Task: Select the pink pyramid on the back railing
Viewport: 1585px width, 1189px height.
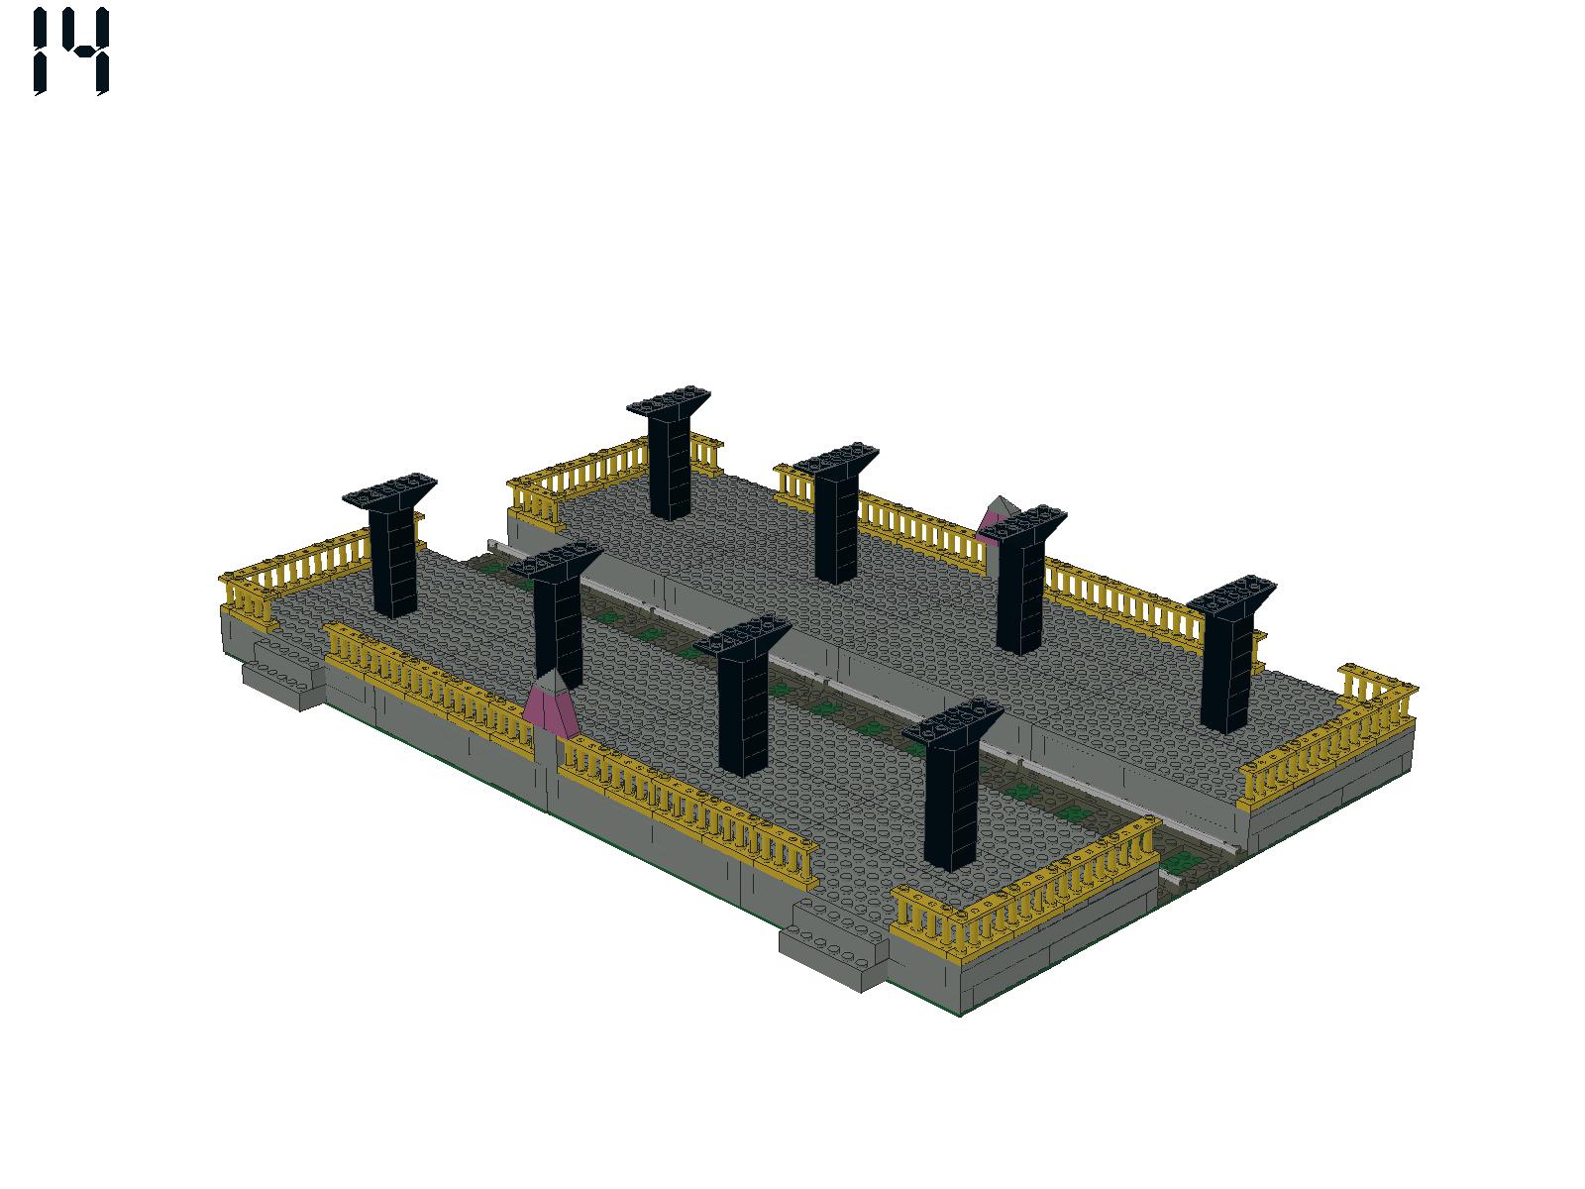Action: click(x=997, y=517)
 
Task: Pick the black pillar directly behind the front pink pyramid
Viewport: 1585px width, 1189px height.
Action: click(x=557, y=613)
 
